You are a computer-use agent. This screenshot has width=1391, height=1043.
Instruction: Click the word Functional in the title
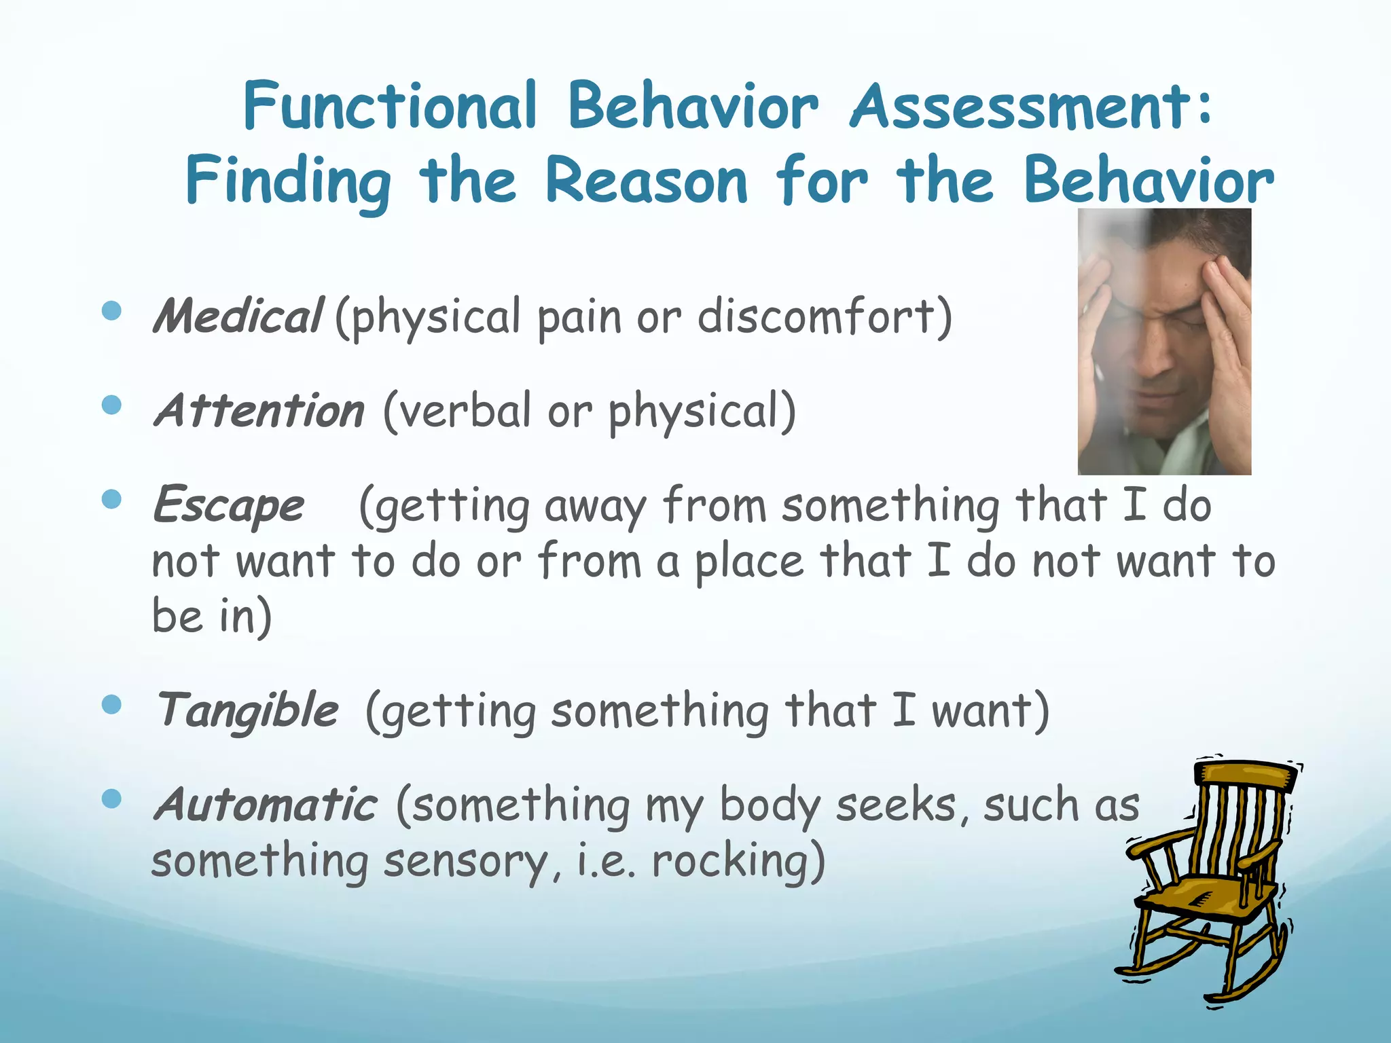click(x=391, y=107)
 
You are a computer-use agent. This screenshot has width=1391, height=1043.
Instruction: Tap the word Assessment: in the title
click(x=1030, y=107)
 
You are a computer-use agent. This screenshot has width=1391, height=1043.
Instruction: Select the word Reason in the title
click(x=646, y=181)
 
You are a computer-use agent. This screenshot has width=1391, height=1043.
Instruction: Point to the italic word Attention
click(x=259, y=411)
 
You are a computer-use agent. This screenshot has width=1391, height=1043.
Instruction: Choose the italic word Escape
click(x=229, y=506)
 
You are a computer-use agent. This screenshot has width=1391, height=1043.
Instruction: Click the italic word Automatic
click(x=265, y=805)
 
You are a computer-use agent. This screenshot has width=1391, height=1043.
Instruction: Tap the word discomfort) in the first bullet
click(x=825, y=317)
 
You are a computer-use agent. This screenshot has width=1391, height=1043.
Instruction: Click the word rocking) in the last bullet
click(x=738, y=861)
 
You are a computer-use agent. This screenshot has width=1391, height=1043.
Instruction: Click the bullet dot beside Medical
click(x=111, y=312)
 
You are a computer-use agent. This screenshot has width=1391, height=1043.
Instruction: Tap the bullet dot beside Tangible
click(x=111, y=705)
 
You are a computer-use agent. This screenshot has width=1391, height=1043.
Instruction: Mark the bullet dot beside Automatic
click(x=111, y=799)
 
